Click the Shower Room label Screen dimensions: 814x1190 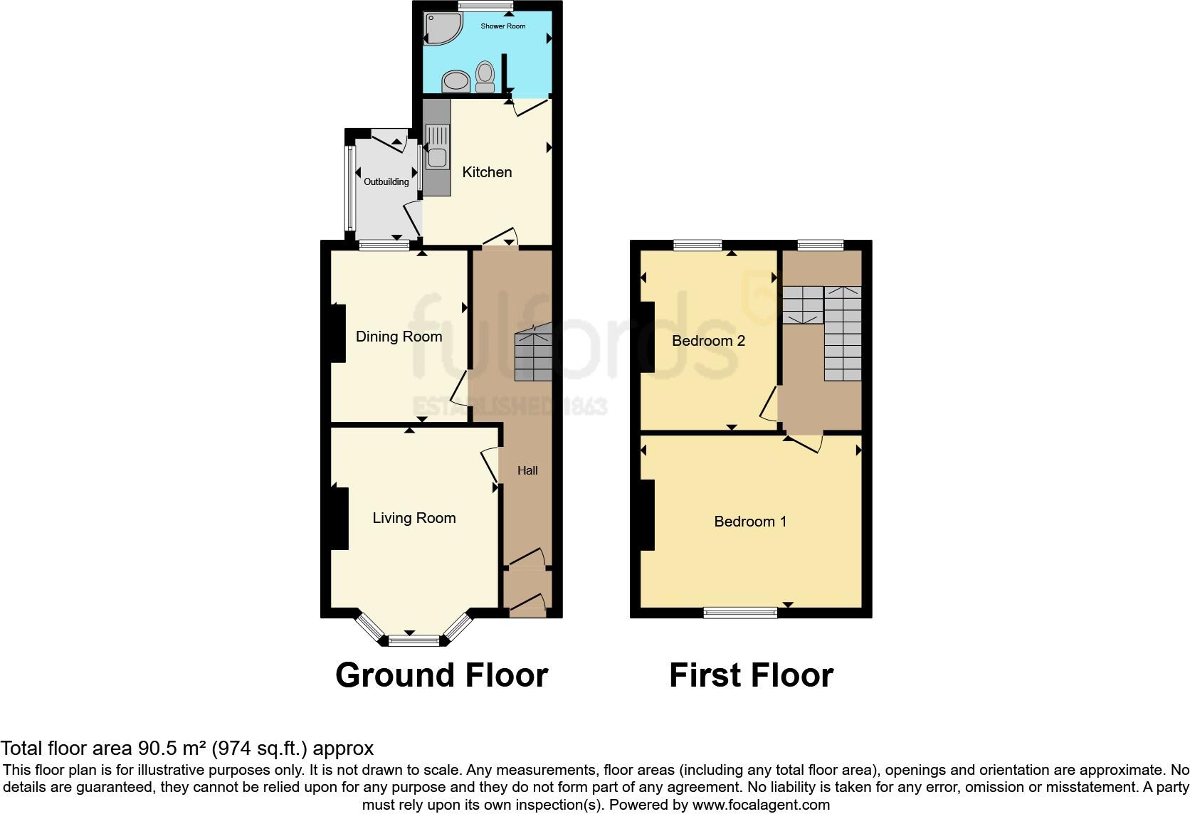pyautogui.click(x=502, y=26)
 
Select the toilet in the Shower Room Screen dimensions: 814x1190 pyautogui.click(x=485, y=76)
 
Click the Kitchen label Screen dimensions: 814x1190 pyautogui.click(x=487, y=172)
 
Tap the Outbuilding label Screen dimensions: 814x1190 pyautogui.click(x=386, y=182)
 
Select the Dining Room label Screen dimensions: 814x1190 pyautogui.click(x=399, y=337)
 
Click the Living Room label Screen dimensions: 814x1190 pyautogui.click(x=414, y=518)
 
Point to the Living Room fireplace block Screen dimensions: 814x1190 pyautogui.click(x=339, y=519)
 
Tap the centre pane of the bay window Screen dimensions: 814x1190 pyautogui.click(x=414, y=640)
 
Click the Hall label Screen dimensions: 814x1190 pyautogui.click(x=527, y=470)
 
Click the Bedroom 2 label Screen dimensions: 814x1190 pyautogui.click(x=708, y=341)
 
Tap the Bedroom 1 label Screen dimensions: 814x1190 pyautogui.click(x=750, y=522)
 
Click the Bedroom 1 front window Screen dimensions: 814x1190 pyautogui.click(x=740, y=613)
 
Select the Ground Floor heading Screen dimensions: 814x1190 pyautogui.click(x=441, y=675)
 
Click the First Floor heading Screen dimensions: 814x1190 pyautogui.click(x=751, y=675)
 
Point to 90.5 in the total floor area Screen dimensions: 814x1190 pyautogui.click(x=154, y=749)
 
